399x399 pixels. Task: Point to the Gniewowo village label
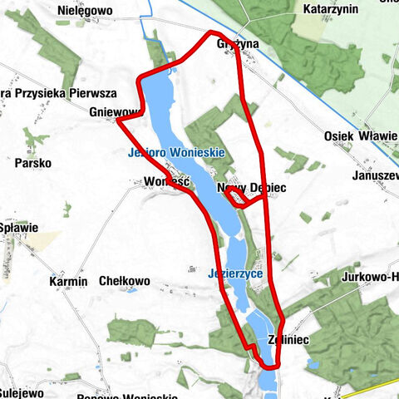pos(115,112)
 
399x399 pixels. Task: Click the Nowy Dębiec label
pos(251,189)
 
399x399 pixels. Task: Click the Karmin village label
pos(68,282)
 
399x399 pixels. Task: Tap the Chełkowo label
pos(124,282)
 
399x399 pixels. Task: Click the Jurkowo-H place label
pos(369,276)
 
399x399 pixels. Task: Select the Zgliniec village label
pos(288,340)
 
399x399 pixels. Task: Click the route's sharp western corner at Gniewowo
pos(117,121)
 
